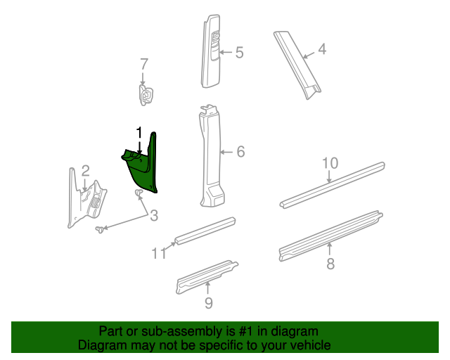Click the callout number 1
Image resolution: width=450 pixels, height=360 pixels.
click(x=139, y=132)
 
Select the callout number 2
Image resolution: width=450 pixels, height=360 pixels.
click(x=85, y=170)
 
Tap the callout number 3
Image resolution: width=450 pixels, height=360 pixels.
click(x=154, y=215)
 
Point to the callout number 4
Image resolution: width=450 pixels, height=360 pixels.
click(x=322, y=49)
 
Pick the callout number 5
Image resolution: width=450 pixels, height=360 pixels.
click(x=239, y=52)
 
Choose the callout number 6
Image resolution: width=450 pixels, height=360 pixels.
click(x=240, y=151)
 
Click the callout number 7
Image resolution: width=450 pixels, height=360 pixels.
click(x=143, y=64)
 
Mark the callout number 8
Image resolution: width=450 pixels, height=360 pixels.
click(x=330, y=264)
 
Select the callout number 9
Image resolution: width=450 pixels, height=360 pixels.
click(x=208, y=303)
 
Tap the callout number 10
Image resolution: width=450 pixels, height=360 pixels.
click(x=330, y=163)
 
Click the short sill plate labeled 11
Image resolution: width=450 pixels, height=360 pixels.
click(x=204, y=231)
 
